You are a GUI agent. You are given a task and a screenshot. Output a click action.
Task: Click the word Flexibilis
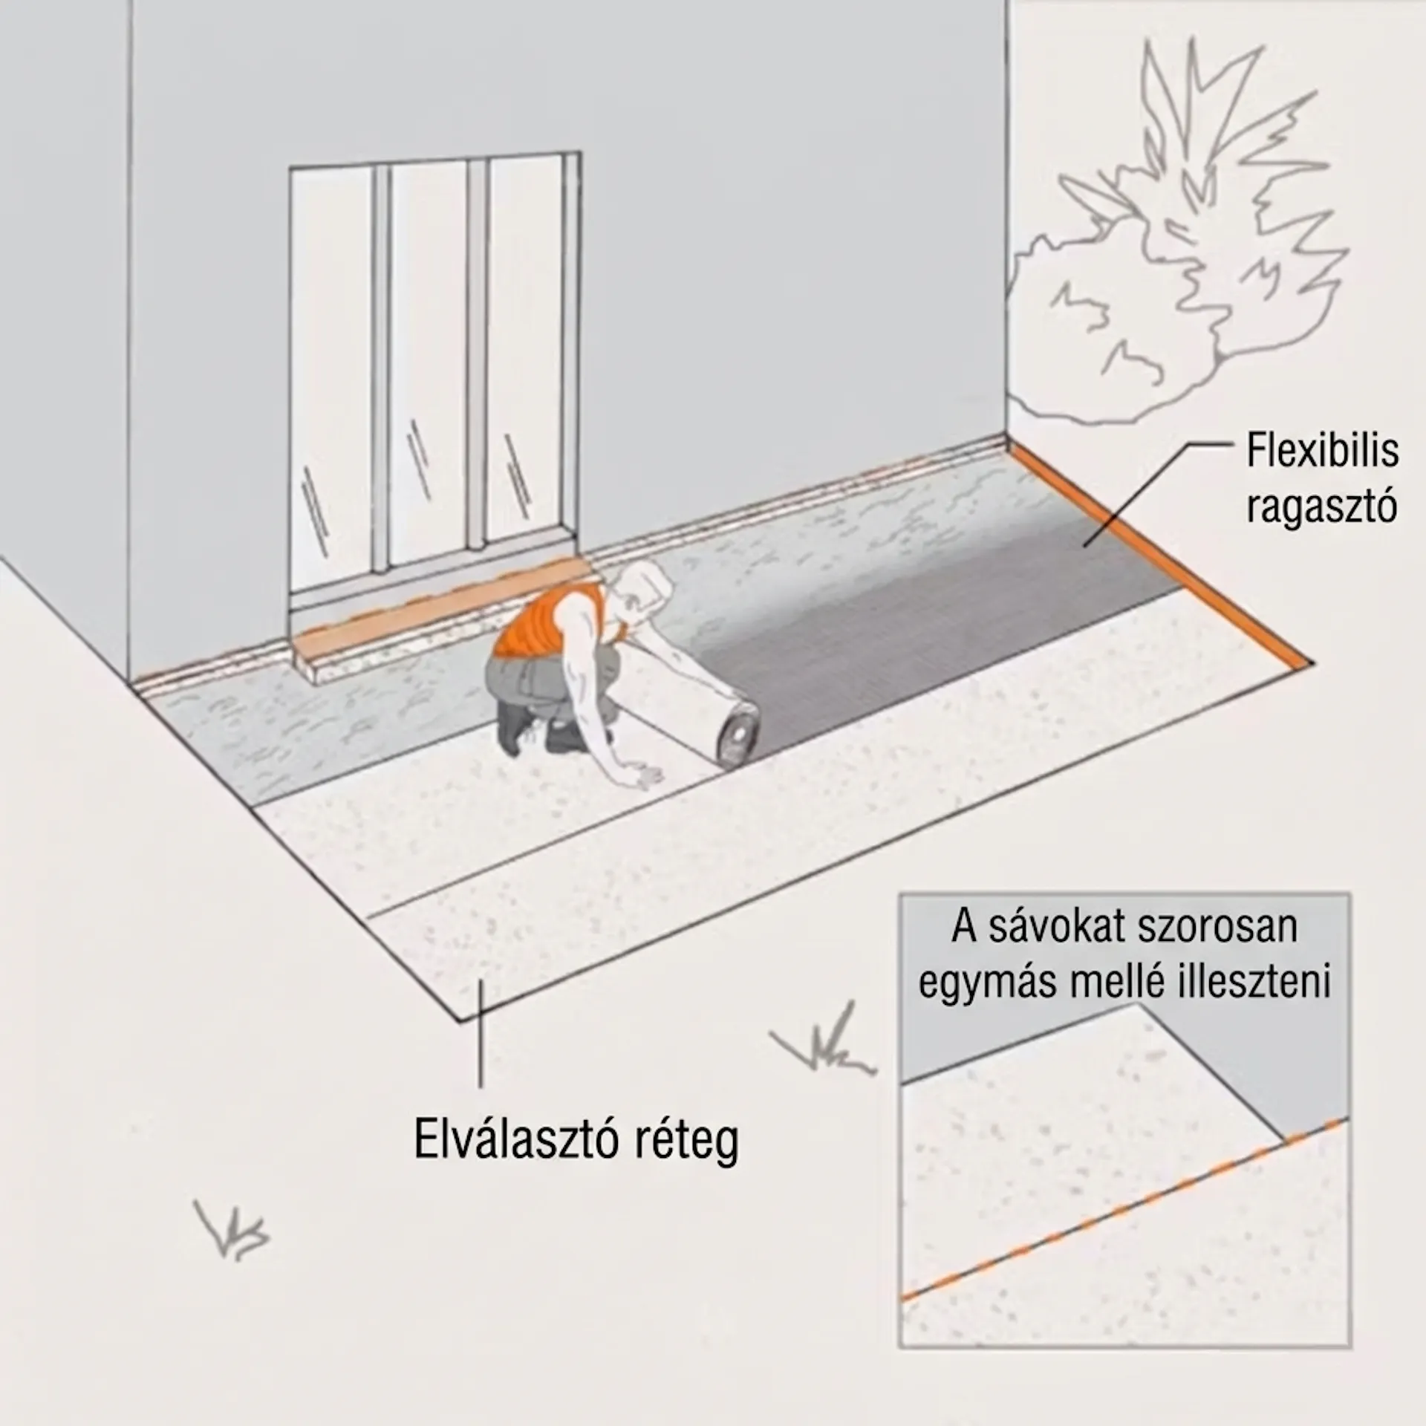pos(1322,451)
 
